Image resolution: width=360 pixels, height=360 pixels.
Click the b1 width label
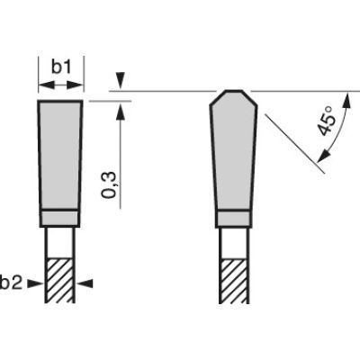click(x=60, y=67)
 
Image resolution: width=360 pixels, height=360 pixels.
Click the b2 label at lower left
click(x=12, y=283)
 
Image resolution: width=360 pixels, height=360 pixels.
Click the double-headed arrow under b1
click(x=61, y=85)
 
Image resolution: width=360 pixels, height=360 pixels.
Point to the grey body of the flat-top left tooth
click(x=61, y=153)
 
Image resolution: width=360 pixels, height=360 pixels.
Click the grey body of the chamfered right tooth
click(x=234, y=153)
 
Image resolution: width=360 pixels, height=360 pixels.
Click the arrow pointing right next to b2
click(x=35, y=283)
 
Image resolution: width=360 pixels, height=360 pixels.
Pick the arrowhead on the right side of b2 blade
click(x=85, y=283)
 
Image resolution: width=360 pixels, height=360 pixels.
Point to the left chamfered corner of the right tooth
click(x=217, y=97)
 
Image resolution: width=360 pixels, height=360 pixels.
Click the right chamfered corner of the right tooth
click(x=250, y=97)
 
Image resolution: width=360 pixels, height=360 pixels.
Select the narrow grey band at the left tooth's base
click(x=61, y=216)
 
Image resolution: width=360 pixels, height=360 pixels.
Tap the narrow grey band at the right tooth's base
click(x=234, y=216)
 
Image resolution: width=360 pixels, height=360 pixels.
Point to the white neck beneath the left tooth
click(x=61, y=240)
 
